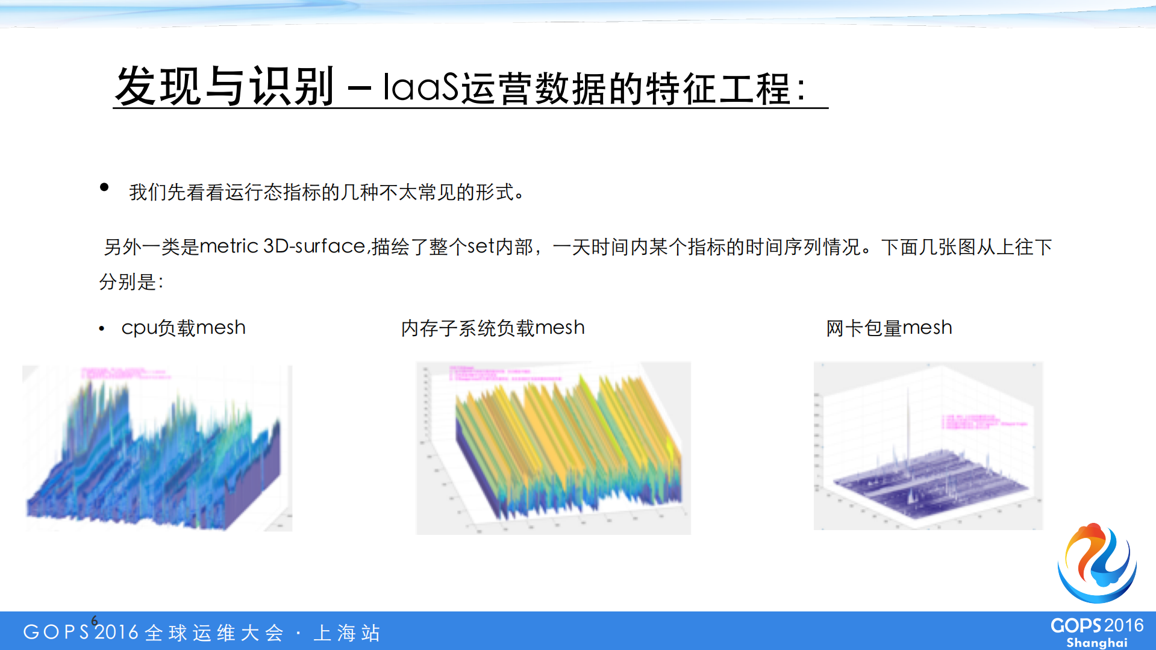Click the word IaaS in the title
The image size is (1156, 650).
[x=421, y=87]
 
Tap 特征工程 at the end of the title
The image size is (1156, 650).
[x=717, y=89]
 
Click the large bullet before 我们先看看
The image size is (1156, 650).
[x=104, y=187]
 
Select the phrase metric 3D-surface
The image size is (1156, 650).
[x=282, y=246]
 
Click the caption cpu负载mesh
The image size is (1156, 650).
[x=183, y=328]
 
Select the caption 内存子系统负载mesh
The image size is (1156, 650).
[x=492, y=328]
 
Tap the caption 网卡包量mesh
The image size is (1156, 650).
[x=889, y=328]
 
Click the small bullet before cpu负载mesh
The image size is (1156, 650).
[x=102, y=329]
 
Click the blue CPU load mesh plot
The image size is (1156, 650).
[x=157, y=458]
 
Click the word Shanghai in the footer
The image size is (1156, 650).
[x=1096, y=643]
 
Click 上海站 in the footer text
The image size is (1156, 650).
[x=347, y=633]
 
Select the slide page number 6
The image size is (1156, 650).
[x=95, y=620]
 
